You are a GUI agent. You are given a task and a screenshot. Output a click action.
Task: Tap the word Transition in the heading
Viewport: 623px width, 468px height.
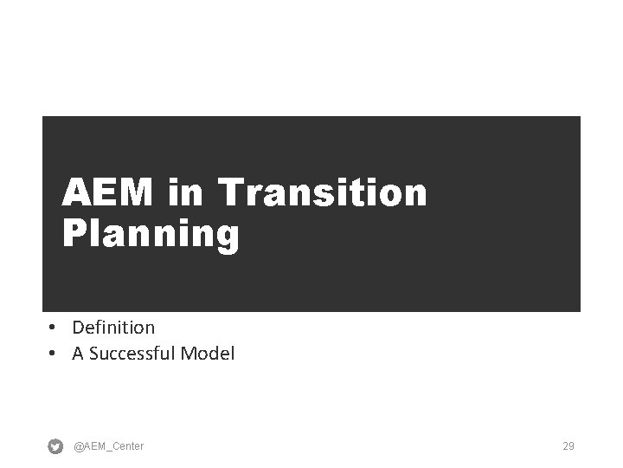pos(324,192)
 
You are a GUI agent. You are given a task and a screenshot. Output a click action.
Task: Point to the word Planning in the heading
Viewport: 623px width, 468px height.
pos(151,235)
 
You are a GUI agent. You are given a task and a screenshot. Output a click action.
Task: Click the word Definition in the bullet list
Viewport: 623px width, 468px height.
pos(113,328)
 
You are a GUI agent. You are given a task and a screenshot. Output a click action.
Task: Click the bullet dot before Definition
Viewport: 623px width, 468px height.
pos(53,328)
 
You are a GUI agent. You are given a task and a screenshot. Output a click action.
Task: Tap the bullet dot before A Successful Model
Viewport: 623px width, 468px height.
pos(53,354)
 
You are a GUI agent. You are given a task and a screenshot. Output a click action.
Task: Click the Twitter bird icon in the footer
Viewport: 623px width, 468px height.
pos(55,446)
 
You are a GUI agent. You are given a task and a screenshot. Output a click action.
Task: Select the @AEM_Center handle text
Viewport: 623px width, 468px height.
pos(109,446)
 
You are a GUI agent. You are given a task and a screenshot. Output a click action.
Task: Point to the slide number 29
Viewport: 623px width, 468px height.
pos(568,446)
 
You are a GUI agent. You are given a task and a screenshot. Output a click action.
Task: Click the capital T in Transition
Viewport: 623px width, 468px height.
pos(232,192)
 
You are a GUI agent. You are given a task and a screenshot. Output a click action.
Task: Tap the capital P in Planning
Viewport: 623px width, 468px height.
pos(74,235)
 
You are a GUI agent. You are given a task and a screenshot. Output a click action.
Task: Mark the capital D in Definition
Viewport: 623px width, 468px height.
pos(78,328)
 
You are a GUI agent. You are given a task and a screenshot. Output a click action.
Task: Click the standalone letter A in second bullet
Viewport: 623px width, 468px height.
pos(78,354)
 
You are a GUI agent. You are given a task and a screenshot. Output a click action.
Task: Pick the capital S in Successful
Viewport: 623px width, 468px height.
pos(93,354)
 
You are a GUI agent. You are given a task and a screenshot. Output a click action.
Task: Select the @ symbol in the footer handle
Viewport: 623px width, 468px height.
pos(79,446)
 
